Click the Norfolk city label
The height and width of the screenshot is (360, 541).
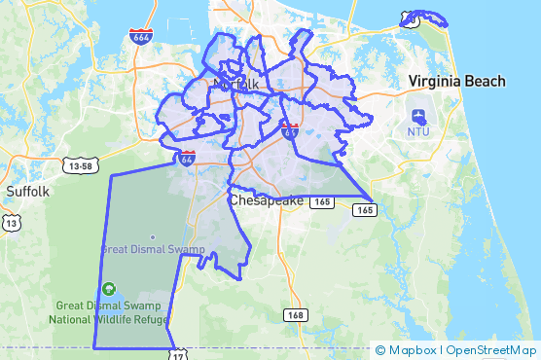(x=235, y=84)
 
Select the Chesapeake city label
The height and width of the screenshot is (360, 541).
(x=267, y=200)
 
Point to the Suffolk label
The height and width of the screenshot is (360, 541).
(x=27, y=191)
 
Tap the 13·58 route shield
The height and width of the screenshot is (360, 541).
(x=82, y=166)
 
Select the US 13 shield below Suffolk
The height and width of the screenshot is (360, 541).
(x=12, y=223)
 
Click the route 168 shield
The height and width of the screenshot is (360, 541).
(x=296, y=315)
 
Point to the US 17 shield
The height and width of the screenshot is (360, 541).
(x=178, y=353)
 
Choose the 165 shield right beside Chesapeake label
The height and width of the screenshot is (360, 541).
(x=324, y=201)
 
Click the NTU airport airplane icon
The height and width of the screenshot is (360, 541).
(x=418, y=115)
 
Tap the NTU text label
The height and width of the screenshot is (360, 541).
(x=418, y=130)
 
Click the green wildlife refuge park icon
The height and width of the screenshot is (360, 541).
(x=109, y=288)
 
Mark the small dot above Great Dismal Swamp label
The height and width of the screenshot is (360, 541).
(x=153, y=235)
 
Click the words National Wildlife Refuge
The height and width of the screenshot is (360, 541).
(x=109, y=319)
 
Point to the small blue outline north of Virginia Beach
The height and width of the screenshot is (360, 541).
(x=424, y=18)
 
